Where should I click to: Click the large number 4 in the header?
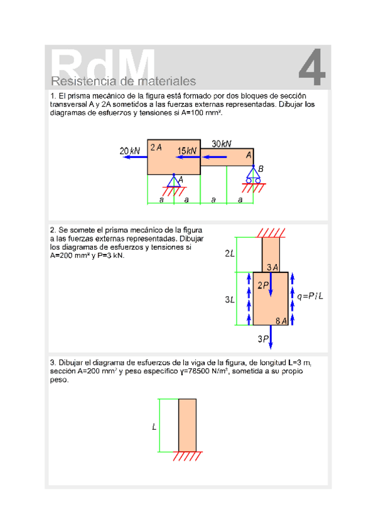(312, 67)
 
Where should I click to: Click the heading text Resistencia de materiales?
(123, 82)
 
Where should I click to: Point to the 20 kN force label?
(130, 151)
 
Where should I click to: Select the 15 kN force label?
(186, 151)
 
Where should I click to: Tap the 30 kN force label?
(221, 144)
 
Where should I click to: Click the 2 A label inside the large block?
(156, 147)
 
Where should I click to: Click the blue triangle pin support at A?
(174, 181)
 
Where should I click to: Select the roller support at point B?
(254, 174)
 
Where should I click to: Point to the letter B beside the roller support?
(261, 169)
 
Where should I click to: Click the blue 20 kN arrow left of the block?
(135, 157)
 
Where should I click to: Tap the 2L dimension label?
(230, 253)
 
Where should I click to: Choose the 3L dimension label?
(230, 300)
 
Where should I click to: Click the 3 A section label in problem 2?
(272, 267)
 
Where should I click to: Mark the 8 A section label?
(281, 321)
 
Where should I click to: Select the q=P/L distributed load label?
(310, 296)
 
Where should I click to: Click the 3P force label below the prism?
(263, 339)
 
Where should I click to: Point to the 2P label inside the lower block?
(263, 285)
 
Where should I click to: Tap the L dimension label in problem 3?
(154, 427)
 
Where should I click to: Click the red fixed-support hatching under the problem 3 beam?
(187, 456)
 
